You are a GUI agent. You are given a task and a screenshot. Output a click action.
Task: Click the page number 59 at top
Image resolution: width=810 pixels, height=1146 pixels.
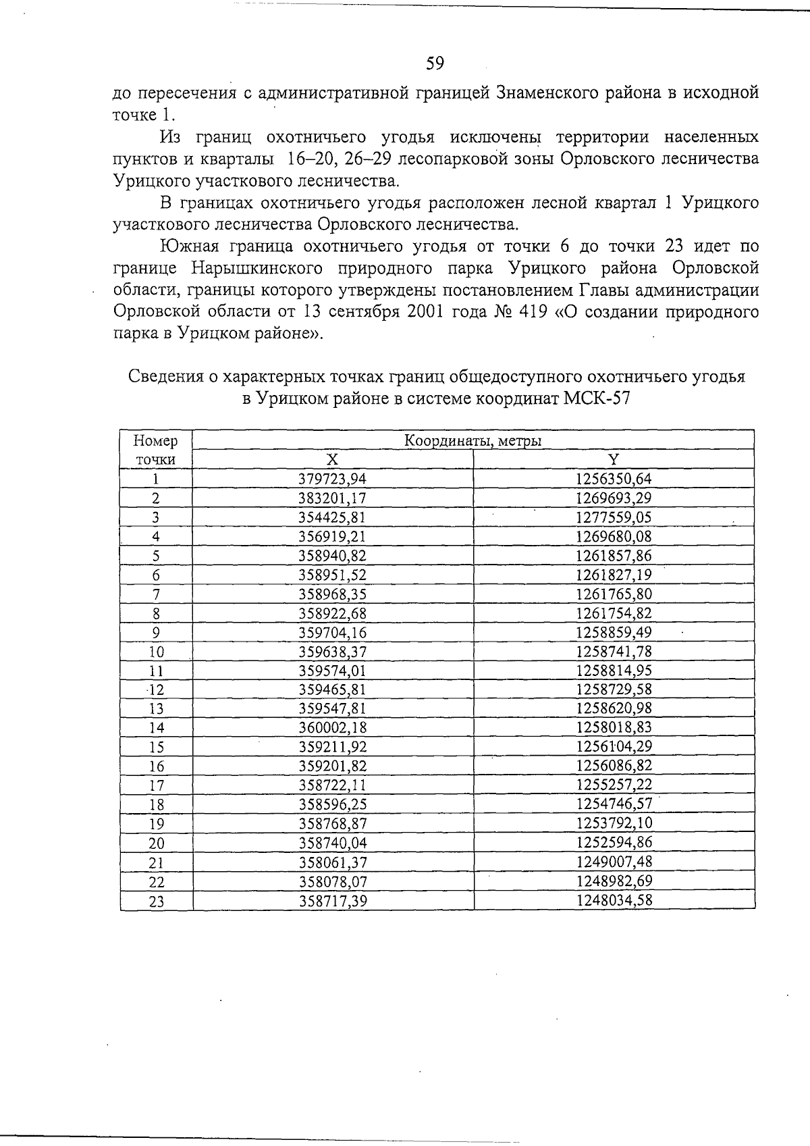(435, 63)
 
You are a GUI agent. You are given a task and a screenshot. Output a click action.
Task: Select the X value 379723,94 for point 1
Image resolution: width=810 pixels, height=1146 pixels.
(333, 479)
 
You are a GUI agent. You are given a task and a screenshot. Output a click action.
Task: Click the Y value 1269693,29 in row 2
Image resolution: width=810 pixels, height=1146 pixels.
(614, 499)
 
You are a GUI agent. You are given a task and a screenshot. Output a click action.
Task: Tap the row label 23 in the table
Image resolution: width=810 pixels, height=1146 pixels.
(156, 902)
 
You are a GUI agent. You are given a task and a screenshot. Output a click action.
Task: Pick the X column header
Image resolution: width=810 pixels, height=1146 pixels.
(333, 460)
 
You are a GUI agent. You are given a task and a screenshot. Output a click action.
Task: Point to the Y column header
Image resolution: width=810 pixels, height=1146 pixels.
(613, 460)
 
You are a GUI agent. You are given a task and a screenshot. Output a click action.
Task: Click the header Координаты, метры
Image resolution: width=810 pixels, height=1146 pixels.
(473, 441)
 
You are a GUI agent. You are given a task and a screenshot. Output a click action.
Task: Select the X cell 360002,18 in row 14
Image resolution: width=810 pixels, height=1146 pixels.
(333, 728)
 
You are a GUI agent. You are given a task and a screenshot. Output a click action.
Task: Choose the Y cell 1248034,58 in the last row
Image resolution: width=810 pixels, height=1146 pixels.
(614, 900)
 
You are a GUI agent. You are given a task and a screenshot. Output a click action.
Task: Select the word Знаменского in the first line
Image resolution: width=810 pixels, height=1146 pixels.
(555, 93)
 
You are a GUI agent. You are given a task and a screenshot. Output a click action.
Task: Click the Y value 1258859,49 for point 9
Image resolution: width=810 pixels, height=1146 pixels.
(614, 633)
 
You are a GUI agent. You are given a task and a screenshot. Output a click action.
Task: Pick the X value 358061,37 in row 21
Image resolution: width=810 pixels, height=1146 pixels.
(333, 862)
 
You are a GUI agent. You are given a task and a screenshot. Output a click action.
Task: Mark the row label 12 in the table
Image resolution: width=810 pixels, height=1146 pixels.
(156, 690)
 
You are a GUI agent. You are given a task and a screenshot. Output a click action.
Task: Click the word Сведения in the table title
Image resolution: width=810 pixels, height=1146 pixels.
(166, 376)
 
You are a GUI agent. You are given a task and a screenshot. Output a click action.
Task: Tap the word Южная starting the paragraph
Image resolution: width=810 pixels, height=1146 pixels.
(190, 246)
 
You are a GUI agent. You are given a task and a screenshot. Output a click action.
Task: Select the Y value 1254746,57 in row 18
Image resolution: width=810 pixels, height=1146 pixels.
(614, 804)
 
